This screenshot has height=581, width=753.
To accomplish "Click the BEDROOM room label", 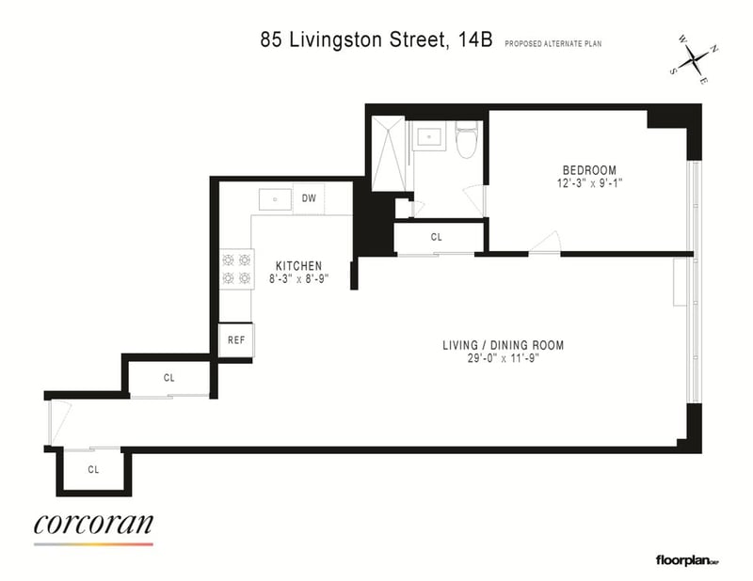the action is [x=589, y=170].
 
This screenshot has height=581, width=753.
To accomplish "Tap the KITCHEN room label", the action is [x=298, y=266].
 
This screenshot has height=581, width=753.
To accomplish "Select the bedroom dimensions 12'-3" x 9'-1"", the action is [x=589, y=183].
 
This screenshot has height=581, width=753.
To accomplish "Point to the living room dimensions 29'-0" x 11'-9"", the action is [x=504, y=358].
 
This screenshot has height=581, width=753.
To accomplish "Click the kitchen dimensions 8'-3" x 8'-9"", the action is [x=298, y=278].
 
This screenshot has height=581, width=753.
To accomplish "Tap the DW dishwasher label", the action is [x=309, y=198].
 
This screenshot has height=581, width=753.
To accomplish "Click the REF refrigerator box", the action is [x=236, y=340].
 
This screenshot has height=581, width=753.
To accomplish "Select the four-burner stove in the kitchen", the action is [x=237, y=269].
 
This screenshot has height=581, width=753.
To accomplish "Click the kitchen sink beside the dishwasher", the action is [x=275, y=199].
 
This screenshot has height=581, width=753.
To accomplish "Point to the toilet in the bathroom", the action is [x=466, y=139].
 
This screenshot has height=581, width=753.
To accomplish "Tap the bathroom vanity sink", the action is [x=430, y=135].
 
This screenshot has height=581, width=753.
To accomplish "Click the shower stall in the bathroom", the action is [x=389, y=153].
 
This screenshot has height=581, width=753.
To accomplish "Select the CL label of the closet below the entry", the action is [x=93, y=469].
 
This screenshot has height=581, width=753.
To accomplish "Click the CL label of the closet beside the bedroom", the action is [x=436, y=237].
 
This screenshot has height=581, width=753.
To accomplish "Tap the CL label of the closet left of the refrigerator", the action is [x=168, y=378].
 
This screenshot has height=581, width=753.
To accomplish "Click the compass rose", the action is [x=695, y=60].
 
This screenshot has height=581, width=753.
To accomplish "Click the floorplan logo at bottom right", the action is [x=687, y=560].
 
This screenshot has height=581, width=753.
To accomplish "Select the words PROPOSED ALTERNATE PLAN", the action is [x=553, y=43].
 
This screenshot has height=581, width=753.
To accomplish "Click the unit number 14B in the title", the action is [x=475, y=39].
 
